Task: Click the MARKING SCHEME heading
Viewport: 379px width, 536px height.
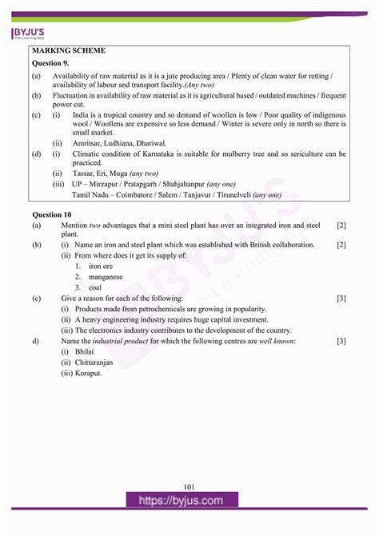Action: (x=68, y=50)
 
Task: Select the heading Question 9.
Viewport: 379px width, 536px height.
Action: (x=50, y=62)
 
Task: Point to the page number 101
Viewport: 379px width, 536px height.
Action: (x=189, y=486)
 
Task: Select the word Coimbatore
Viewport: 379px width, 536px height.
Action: (x=152, y=194)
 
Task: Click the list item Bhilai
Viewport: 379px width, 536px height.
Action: (x=84, y=351)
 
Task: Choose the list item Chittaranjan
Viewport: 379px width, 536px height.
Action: (x=94, y=362)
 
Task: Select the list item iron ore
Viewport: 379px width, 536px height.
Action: (x=101, y=266)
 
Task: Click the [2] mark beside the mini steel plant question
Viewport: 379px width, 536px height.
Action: (x=341, y=226)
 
